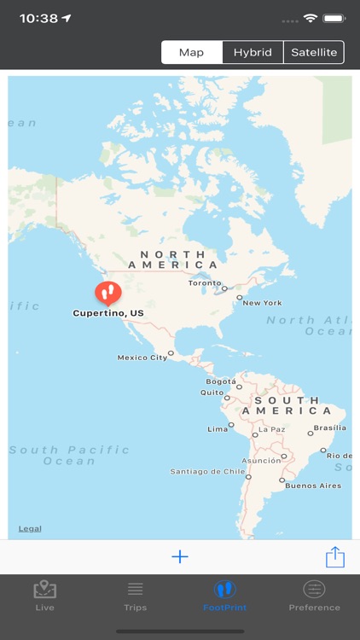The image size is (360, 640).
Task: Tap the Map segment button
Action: (x=191, y=52)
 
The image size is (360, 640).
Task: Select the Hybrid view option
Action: (x=253, y=52)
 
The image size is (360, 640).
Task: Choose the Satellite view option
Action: (x=314, y=52)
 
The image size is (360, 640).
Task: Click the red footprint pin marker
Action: (x=107, y=293)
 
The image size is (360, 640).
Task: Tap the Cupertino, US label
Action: (x=108, y=313)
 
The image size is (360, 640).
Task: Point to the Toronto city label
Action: (x=205, y=283)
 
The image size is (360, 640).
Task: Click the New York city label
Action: (x=262, y=303)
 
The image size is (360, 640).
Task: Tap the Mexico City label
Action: (x=142, y=358)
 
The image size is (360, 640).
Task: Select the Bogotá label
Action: (x=221, y=381)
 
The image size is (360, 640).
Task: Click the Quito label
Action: (x=212, y=393)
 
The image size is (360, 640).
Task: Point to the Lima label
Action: (x=218, y=428)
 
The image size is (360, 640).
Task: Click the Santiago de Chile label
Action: (x=207, y=471)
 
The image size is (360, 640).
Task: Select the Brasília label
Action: (x=329, y=428)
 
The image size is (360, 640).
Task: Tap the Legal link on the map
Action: (x=30, y=529)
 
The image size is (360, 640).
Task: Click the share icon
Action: (x=335, y=556)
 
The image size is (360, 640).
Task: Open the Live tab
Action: (x=45, y=596)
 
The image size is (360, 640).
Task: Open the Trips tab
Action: (x=135, y=596)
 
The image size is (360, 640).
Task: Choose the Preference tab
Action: (x=314, y=596)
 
